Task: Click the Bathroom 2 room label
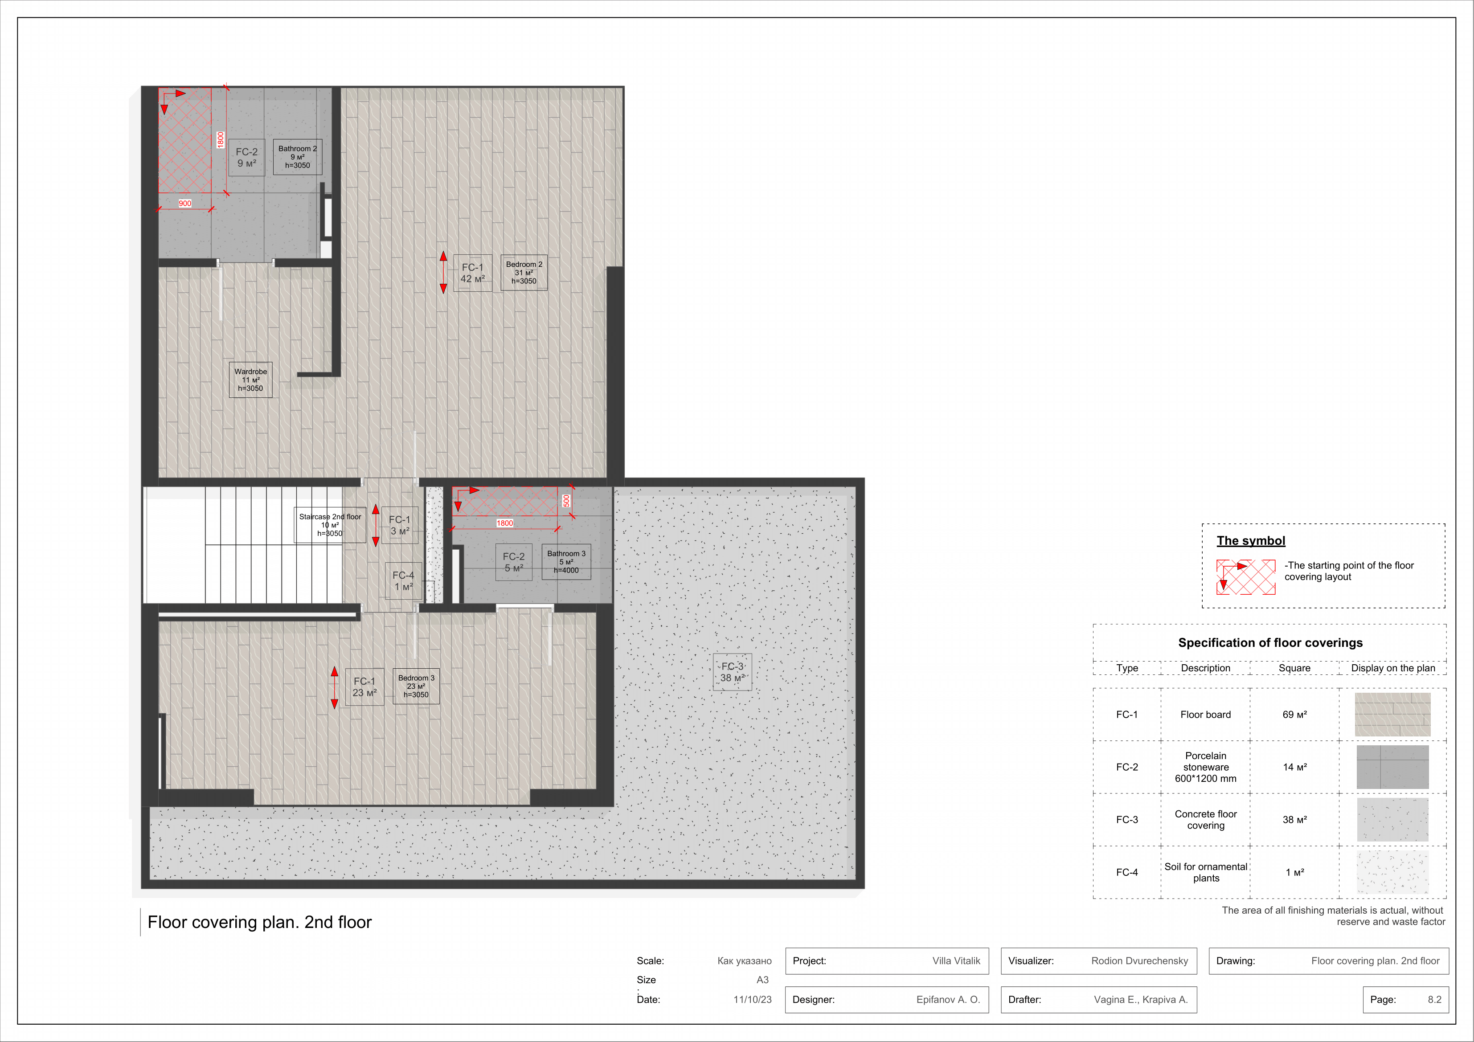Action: [x=297, y=157]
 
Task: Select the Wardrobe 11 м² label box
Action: [x=250, y=380]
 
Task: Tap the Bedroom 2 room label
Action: [x=524, y=273]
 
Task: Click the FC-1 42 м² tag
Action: [x=472, y=273]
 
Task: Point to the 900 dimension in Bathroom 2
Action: [x=185, y=204]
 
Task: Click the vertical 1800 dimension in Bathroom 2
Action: [x=220, y=140]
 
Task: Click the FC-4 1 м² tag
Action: [x=403, y=581]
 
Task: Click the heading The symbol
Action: [x=1251, y=540]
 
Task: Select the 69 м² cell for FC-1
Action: [x=1294, y=715]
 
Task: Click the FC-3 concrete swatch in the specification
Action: [x=1392, y=820]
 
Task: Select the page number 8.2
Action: [x=1434, y=1000]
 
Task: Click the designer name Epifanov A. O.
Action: [x=948, y=1000]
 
